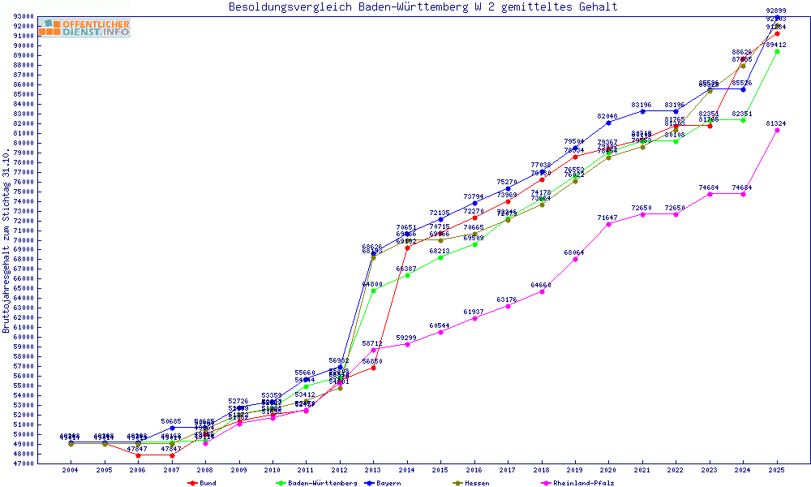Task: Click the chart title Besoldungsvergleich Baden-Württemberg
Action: click(423, 6)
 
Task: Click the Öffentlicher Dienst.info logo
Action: click(84, 28)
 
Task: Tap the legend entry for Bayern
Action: click(385, 483)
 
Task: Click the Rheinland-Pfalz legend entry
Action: click(582, 483)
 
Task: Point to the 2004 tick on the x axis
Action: click(71, 470)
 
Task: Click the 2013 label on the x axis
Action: click(373, 470)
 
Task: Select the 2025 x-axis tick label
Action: click(777, 470)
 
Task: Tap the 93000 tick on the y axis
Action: click(22, 16)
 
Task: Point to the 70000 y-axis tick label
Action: click(22, 240)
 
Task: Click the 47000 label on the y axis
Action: click(22, 463)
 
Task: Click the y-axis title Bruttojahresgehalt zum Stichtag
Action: click(6, 240)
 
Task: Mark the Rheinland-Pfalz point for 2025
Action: click(777, 130)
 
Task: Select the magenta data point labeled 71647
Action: click(609, 224)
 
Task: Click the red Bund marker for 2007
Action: click(172, 455)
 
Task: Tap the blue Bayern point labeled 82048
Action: click(609, 123)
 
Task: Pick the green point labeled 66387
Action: click(407, 275)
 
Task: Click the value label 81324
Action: click(775, 123)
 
